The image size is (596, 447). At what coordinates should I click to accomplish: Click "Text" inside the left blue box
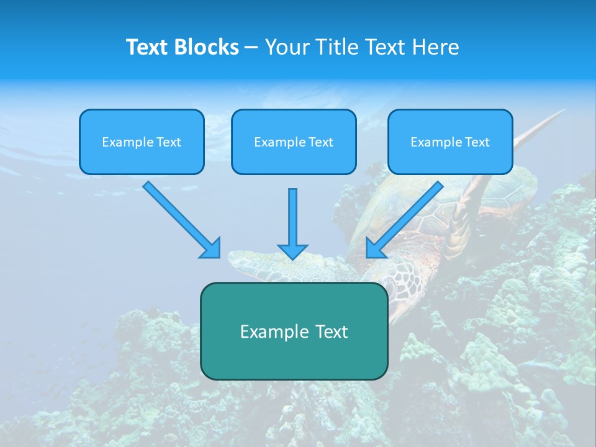coord(169,142)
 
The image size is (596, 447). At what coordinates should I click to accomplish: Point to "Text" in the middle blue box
coord(321,142)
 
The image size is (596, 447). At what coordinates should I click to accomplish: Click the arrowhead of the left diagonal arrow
coord(211,248)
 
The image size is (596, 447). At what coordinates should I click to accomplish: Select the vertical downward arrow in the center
coord(292,223)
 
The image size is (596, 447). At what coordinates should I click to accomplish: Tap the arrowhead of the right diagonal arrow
coord(375,248)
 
